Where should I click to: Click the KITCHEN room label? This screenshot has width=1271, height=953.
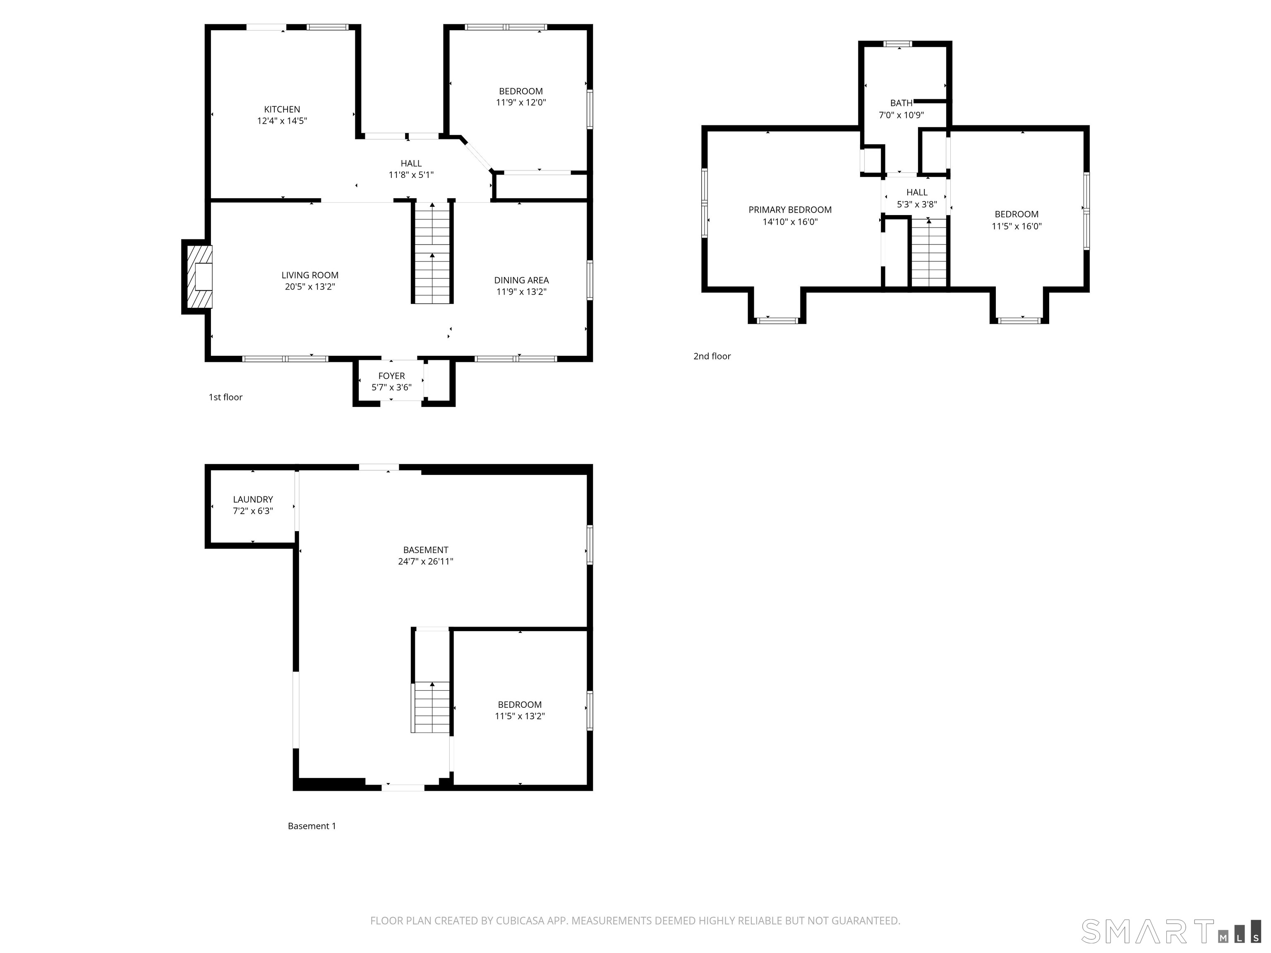[282, 109]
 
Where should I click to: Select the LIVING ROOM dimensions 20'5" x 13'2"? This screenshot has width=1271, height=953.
[310, 287]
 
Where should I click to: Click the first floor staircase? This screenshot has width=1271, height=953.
[432, 253]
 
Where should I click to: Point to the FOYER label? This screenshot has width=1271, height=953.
[391, 376]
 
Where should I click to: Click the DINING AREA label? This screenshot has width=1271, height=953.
[521, 280]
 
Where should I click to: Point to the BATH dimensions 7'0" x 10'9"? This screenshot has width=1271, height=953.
[901, 115]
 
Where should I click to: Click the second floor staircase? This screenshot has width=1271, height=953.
[928, 253]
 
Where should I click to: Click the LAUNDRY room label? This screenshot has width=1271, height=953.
[253, 499]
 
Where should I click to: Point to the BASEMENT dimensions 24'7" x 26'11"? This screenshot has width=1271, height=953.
[425, 561]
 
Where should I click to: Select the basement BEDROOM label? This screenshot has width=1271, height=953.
[519, 704]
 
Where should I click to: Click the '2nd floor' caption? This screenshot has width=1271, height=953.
[712, 356]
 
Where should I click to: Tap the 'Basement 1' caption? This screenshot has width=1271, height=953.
[312, 826]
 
